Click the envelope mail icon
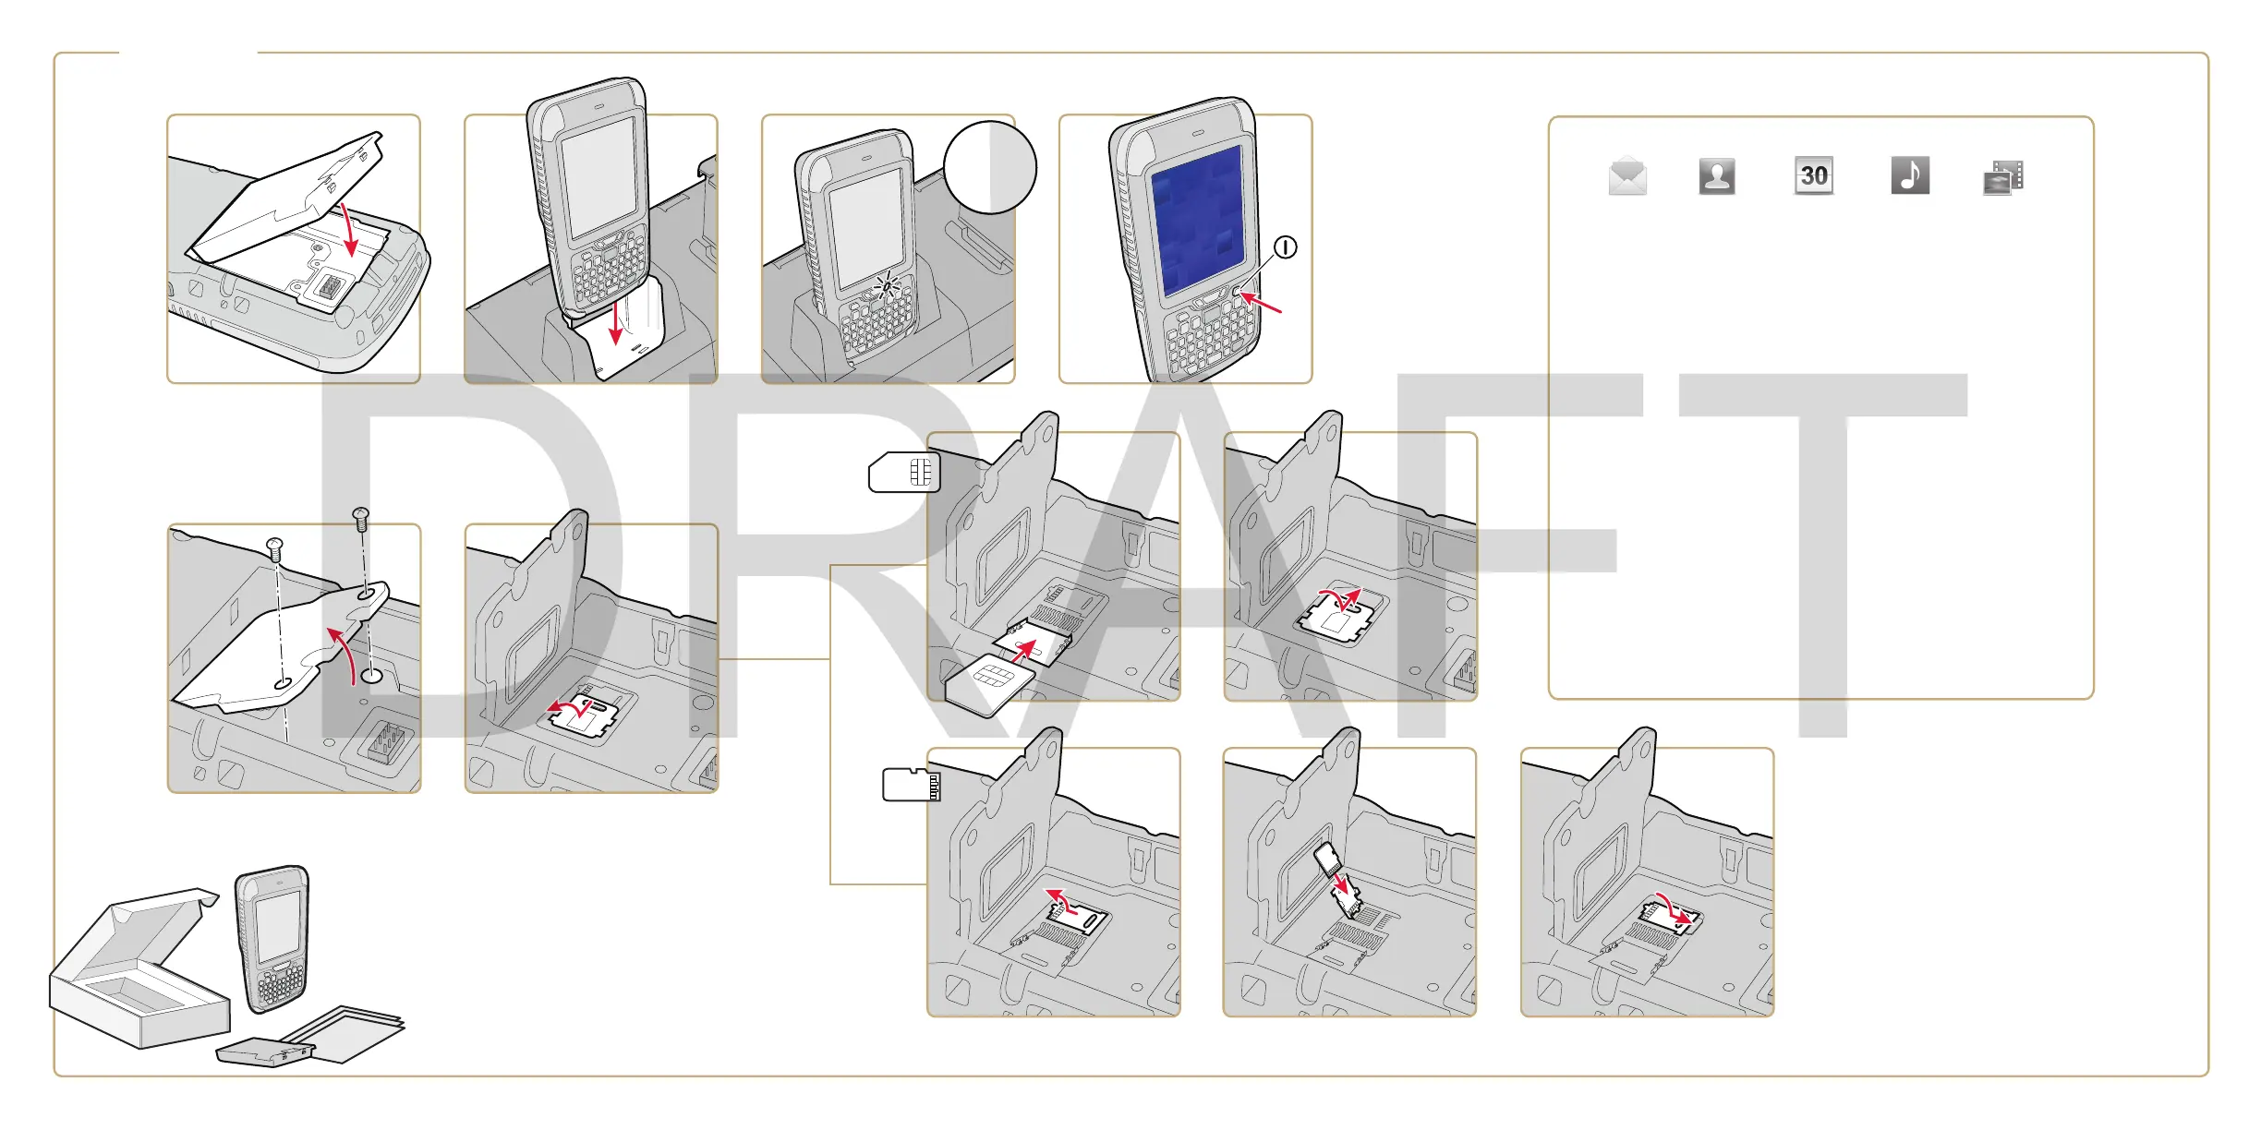coord(1626,175)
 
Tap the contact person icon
coord(1717,175)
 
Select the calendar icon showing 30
coord(1814,175)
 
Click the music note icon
coord(1910,175)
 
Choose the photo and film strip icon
coord(2003,177)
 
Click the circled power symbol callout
coord(1285,247)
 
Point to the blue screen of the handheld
coord(1198,222)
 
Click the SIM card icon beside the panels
coord(904,472)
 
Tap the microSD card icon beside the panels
coord(911,784)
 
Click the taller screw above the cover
coord(361,518)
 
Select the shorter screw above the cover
coord(274,548)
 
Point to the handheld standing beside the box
coord(272,937)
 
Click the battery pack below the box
coord(265,1052)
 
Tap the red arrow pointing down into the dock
coord(616,323)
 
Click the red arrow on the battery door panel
coord(349,231)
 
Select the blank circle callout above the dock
coord(990,167)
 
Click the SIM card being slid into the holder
coord(989,683)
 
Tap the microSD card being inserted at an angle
coord(1327,859)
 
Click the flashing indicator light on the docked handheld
coord(887,284)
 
